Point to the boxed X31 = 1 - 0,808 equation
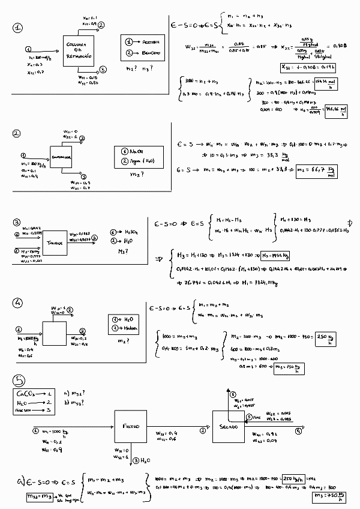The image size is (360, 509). [x=309, y=67]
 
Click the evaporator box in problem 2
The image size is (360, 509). [x=65, y=158]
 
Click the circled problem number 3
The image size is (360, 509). [x=17, y=222]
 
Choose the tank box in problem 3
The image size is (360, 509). [x=56, y=242]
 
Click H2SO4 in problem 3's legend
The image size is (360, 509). [x=134, y=231]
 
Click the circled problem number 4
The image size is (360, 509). [x=17, y=304]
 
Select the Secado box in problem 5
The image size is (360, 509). [x=228, y=426]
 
